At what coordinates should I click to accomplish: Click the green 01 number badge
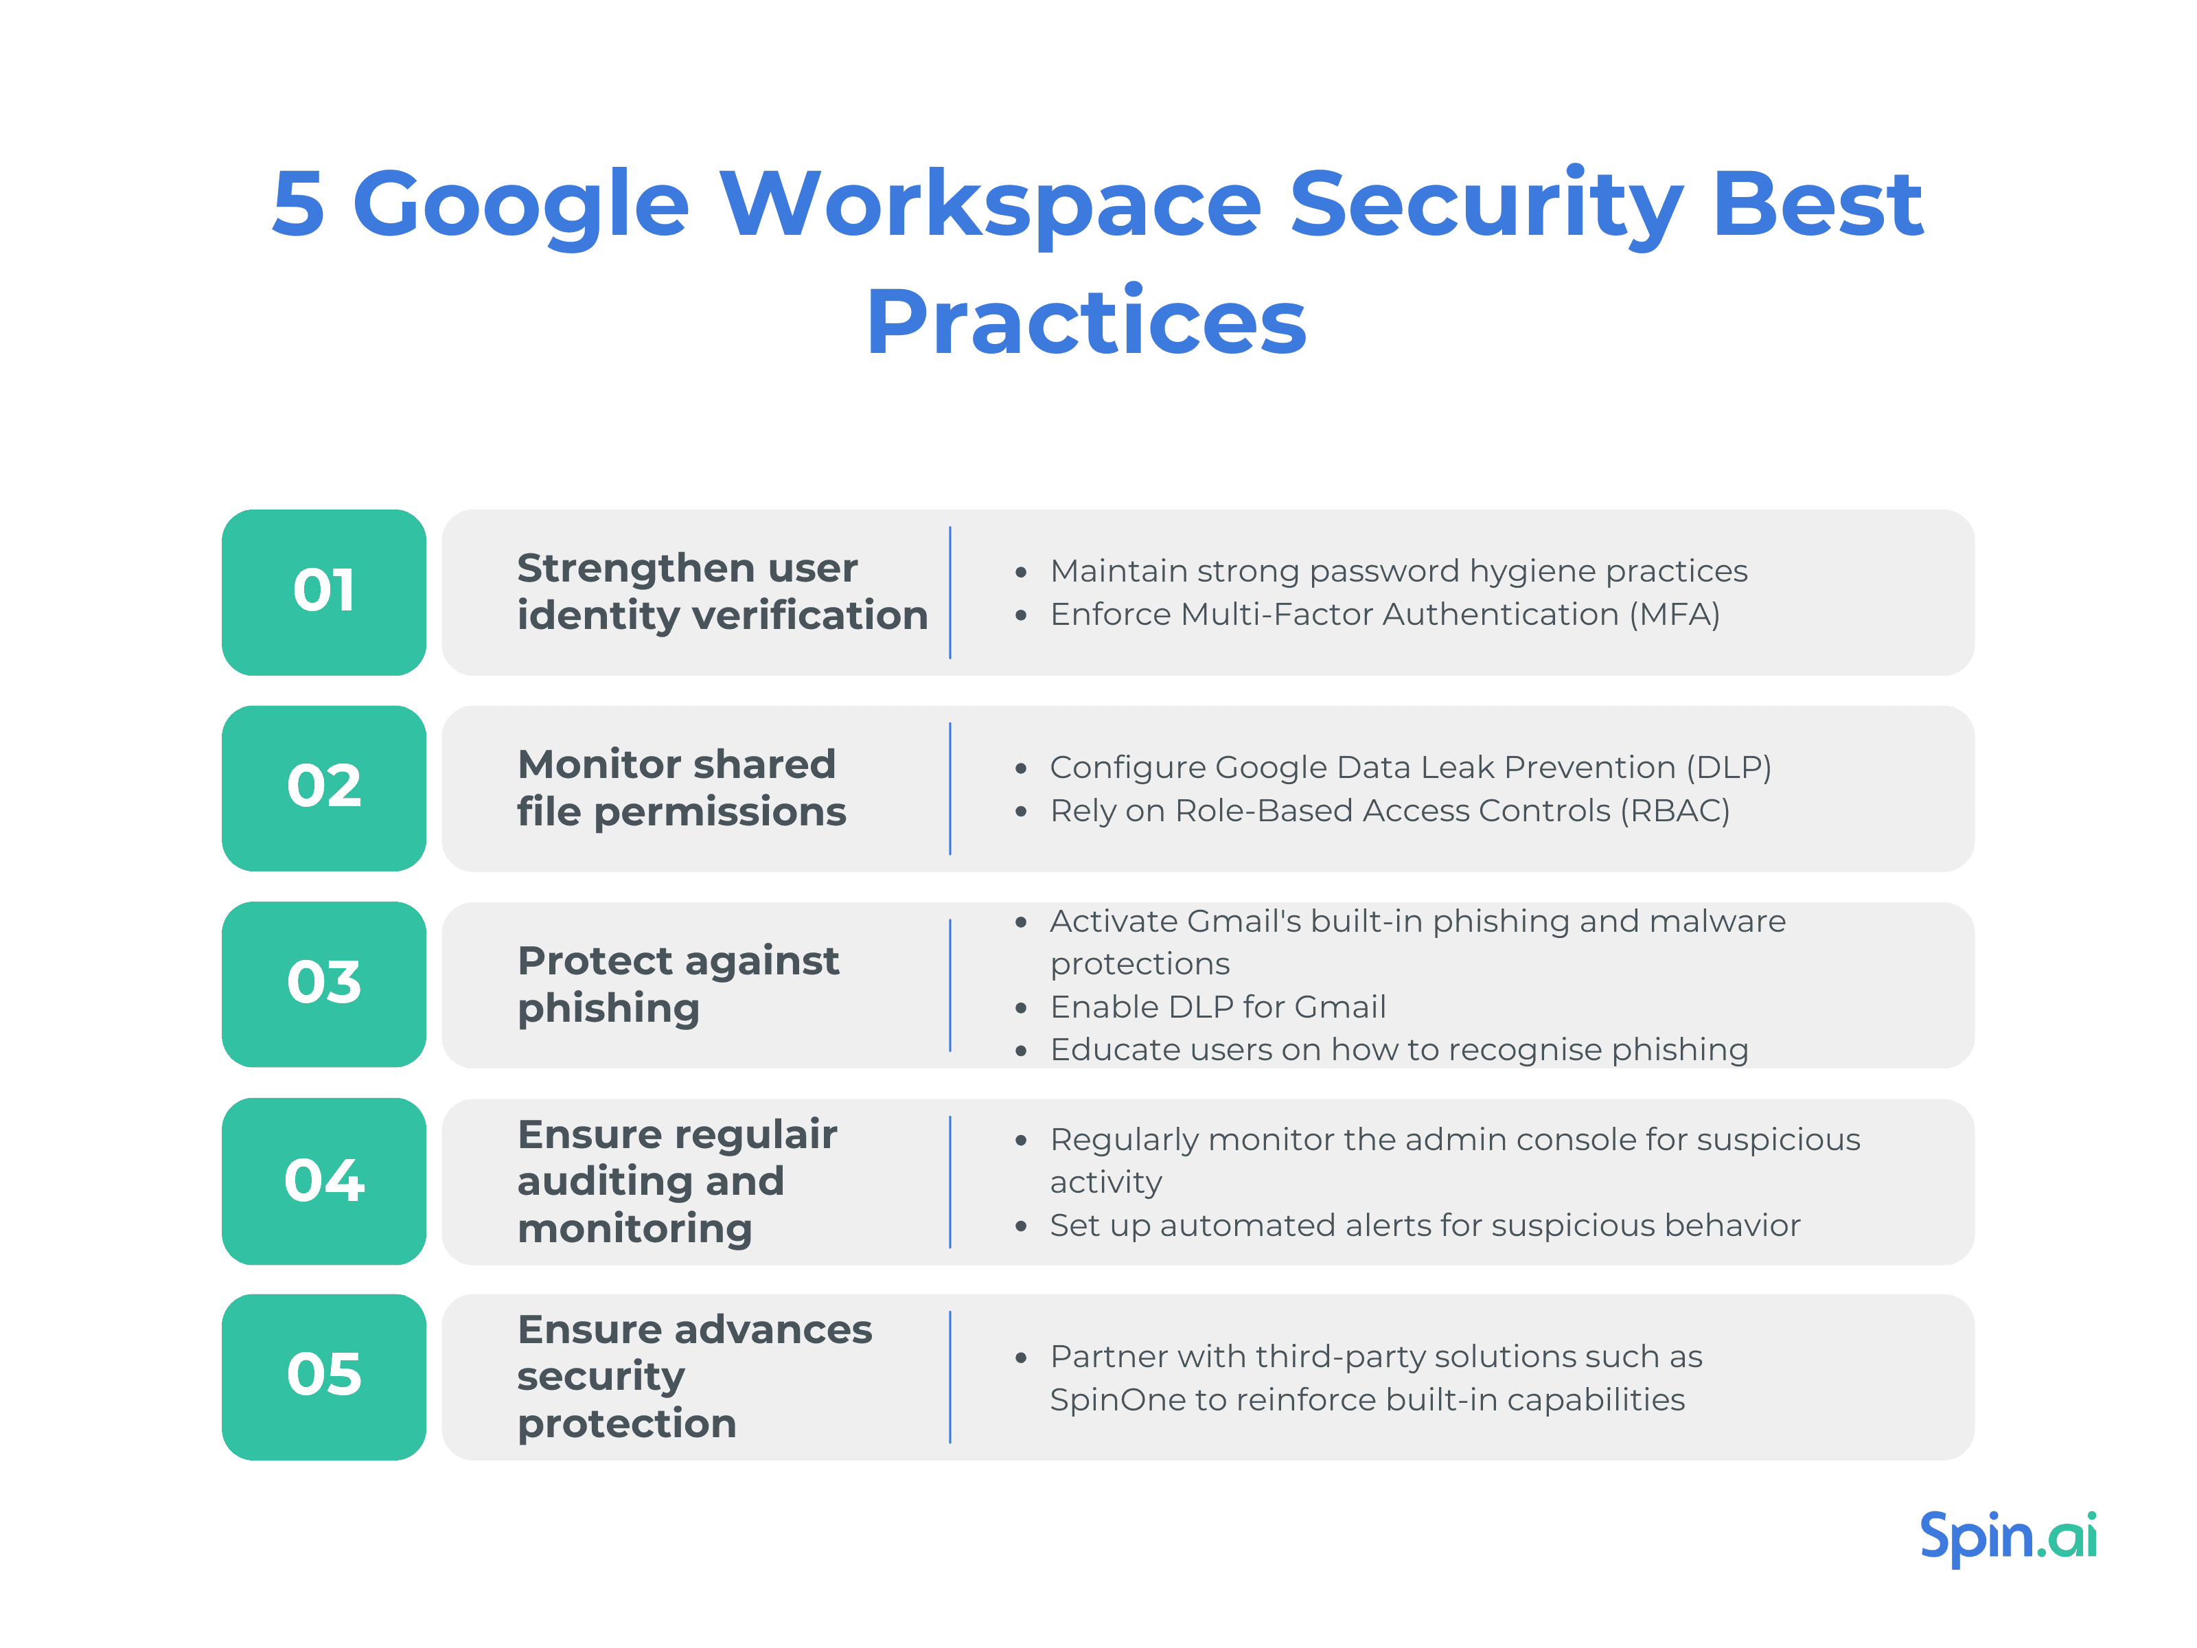click(324, 592)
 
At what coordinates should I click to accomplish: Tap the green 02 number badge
click(324, 788)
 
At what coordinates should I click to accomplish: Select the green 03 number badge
click(324, 983)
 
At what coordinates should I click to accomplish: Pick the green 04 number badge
click(324, 1180)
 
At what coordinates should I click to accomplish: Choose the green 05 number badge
click(324, 1376)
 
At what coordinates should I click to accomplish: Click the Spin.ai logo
click(2008, 1537)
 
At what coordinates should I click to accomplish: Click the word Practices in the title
click(1087, 322)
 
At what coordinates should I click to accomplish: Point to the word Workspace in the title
click(990, 205)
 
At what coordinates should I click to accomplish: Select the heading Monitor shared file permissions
click(680, 788)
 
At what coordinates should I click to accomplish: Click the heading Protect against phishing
click(678, 983)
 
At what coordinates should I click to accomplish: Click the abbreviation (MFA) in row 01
click(1674, 615)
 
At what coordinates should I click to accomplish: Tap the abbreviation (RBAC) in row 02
click(1675, 810)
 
